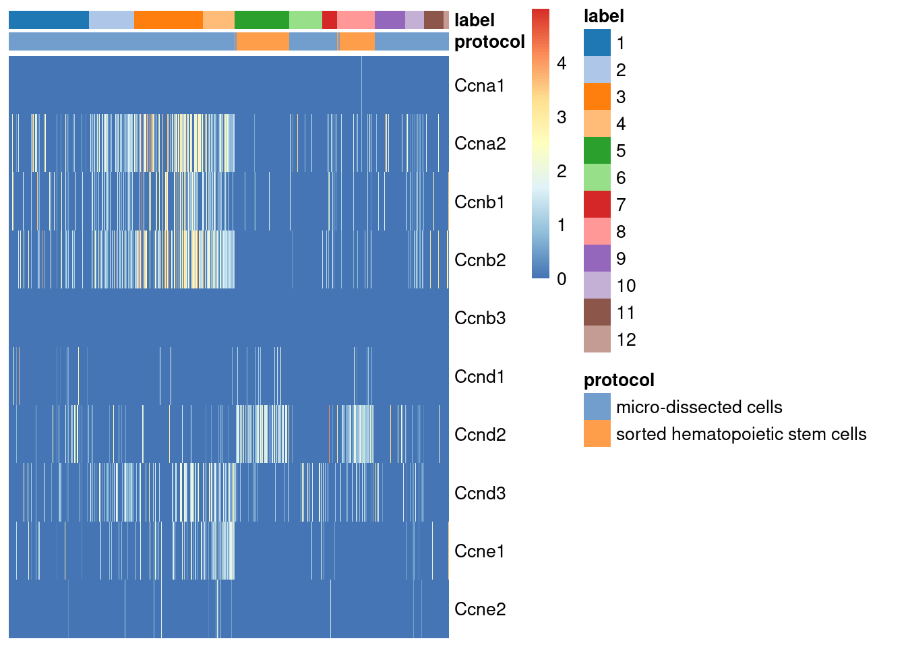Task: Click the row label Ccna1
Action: (x=479, y=86)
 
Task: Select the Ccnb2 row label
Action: (x=480, y=260)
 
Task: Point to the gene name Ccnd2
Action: (x=480, y=435)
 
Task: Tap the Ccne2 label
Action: (x=480, y=609)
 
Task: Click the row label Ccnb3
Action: (x=480, y=318)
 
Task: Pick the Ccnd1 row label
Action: (x=479, y=377)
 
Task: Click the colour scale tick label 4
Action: (x=562, y=63)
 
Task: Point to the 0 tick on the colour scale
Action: (x=562, y=279)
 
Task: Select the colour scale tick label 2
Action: (x=562, y=171)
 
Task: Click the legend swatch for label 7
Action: (x=597, y=204)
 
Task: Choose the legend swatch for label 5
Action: (x=597, y=150)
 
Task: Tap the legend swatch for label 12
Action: (x=597, y=339)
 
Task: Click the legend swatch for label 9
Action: (x=597, y=258)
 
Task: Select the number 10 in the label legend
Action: (x=626, y=286)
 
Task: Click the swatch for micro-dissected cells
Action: (x=597, y=406)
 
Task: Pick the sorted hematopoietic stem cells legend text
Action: (x=741, y=434)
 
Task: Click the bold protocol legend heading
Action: (x=619, y=380)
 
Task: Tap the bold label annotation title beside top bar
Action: (x=475, y=20)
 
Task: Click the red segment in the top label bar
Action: (x=330, y=20)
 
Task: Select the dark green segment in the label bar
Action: (x=262, y=20)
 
